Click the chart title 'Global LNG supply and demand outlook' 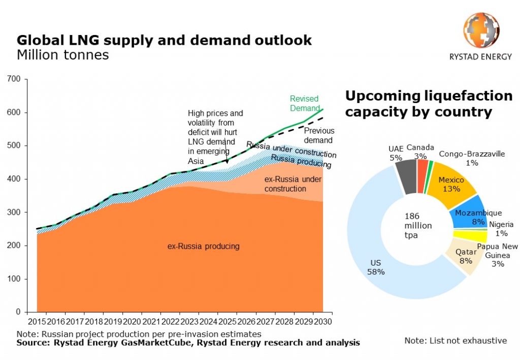click(x=164, y=41)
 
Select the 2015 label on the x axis click(x=37, y=321)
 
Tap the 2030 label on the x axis click(x=322, y=321)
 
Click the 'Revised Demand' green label click(x=304, y=103)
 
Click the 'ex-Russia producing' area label click(x=203, y=247)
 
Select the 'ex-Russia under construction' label click(x=292, y=184)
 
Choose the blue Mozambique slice click(x=468, y=217)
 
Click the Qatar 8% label click(x=466, y=256)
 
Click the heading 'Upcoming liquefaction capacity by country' click(x=429, y=104)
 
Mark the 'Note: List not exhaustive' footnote click(x=455, y=340)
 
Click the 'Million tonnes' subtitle click(x=62, y=55)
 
